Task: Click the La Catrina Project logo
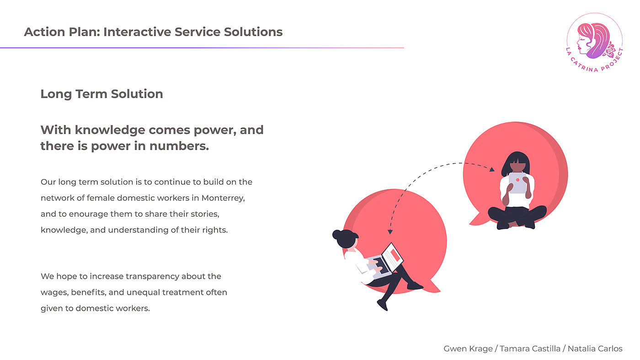click(x=594, y=41)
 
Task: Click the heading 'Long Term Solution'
click(x=101, y=94)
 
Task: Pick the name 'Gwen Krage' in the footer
click(x=468, y=349)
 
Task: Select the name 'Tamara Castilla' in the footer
click(x=530, y=349)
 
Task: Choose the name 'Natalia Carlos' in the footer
click(x=595, y=349)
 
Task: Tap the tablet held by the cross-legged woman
click(x=517, y=183)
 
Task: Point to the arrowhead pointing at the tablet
click(x=492, y=169)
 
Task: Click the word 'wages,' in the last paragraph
click(x=53, y=292)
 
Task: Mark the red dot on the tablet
click(x=517, y=180)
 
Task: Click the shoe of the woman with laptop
click(x=415, y=286)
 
